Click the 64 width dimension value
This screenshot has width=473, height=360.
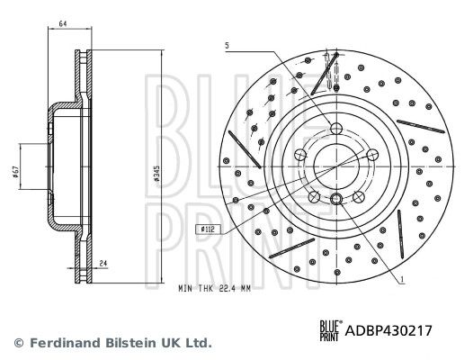coord(62,23)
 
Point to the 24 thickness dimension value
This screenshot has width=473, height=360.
coord(103,264)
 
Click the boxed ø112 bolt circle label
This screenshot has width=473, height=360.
coord(208,229)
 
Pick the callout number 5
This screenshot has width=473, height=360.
coord(228,46)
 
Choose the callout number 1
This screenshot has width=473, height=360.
coord(402,280)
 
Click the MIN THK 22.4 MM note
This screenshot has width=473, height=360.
coord(215,289)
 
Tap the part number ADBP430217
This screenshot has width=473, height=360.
coord(388,330)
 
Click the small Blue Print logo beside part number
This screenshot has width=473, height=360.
coord(331,330)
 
